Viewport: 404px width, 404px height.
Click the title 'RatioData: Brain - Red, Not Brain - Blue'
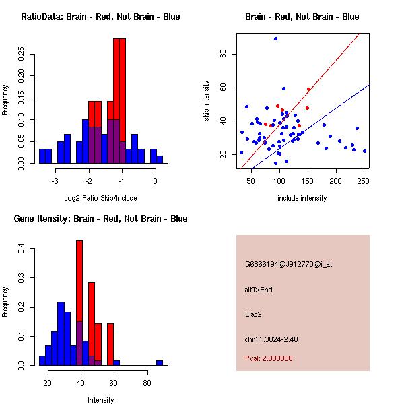(100, 17)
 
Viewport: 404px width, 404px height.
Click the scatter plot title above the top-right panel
(302, 17)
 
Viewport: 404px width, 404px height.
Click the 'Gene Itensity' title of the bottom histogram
(100, 219)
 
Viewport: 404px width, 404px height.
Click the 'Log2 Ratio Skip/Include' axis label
(100, 198)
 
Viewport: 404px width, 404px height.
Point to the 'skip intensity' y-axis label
(207, 101)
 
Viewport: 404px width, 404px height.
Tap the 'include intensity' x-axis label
(302, 198)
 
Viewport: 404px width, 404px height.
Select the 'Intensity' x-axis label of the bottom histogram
(100, 400)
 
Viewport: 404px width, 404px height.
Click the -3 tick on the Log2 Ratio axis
(55, 181)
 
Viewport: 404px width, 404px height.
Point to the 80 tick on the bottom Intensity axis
(147, 383)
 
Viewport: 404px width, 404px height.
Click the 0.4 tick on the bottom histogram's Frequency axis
(22, 248)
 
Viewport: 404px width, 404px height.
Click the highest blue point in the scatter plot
(275, 39)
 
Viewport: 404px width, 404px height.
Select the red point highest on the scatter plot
(308, 89)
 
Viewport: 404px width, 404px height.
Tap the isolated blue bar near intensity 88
(160, 362)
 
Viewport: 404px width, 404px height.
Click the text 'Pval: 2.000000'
(269, 358)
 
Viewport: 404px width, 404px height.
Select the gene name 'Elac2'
(254, 314)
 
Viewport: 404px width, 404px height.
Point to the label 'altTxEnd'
(259, 289)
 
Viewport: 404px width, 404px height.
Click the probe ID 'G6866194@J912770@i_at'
(288, 264)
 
